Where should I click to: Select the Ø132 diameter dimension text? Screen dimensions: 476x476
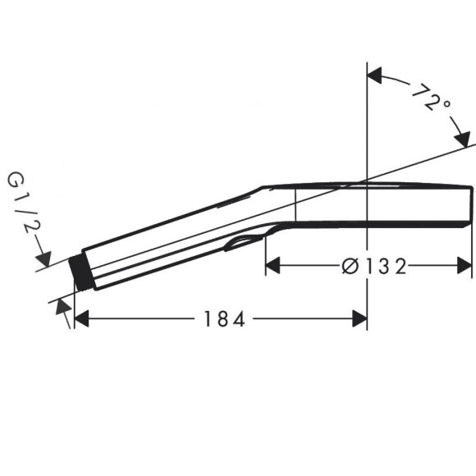click(373, 265)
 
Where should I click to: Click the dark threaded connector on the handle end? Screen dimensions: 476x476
click(80, 272)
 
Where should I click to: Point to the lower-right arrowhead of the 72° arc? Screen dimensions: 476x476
click(461, 138)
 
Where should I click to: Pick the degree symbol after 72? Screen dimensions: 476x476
click(445, 104)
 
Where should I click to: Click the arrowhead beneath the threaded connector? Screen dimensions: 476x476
click(62, 307)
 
